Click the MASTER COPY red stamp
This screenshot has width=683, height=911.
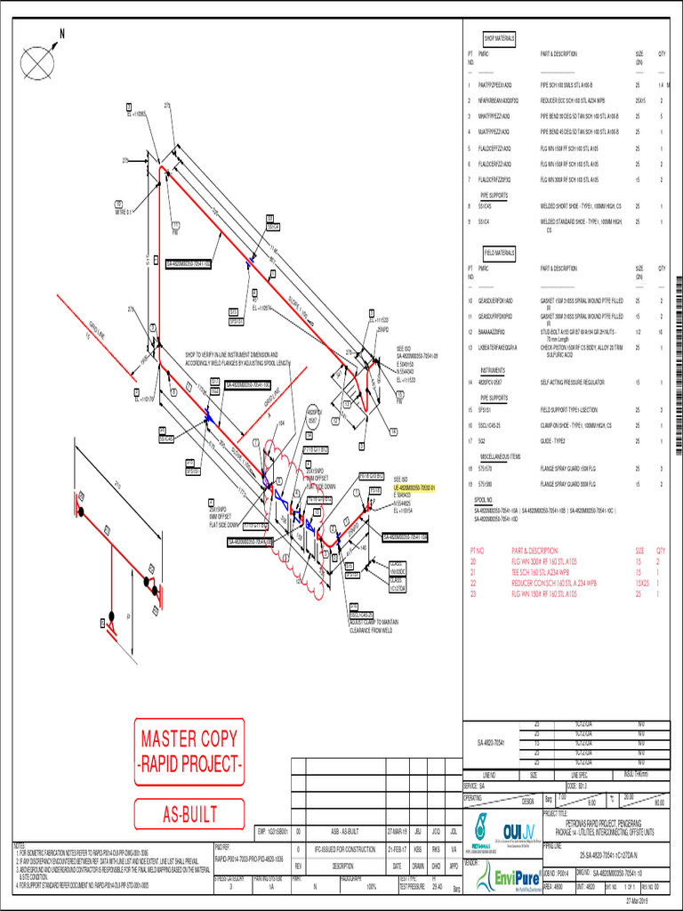coord(189,751)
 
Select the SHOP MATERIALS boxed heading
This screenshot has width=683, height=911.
coord(499,39)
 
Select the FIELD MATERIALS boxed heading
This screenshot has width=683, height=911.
coord(499,253)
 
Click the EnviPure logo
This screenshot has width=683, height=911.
coord(507,881)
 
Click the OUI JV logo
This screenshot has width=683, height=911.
coord(517,829)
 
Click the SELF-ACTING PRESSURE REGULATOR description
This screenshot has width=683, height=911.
coord(579,382)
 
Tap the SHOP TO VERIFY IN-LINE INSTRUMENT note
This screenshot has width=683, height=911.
coord(237,359)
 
